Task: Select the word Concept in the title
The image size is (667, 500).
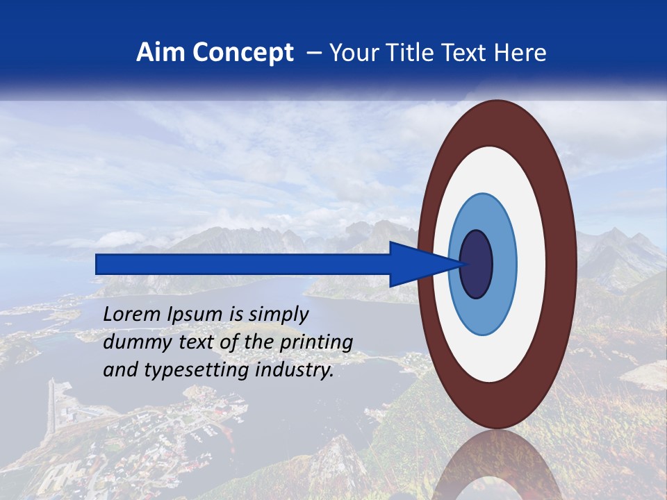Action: (243, 53)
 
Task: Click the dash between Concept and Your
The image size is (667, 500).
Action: (314, 53)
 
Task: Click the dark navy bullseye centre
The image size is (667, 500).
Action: (476, 264)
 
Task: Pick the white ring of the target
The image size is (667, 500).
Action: (532, 264)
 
